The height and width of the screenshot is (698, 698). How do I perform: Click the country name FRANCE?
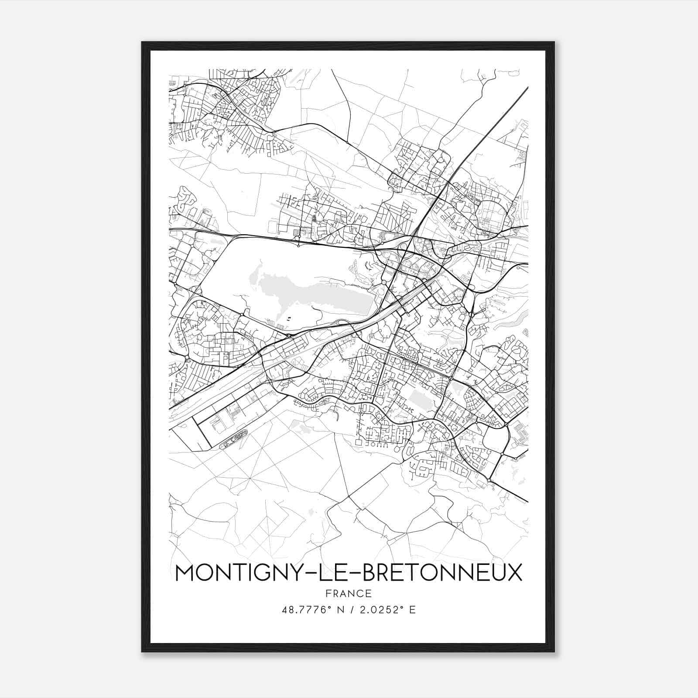[348, 594]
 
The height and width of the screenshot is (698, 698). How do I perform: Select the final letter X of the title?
[514, 573]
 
